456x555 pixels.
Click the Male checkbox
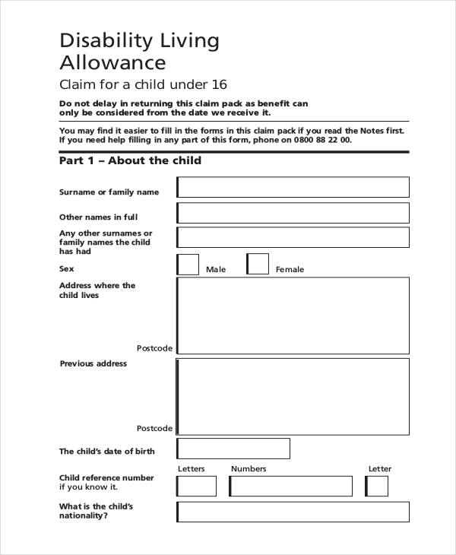[x=188, y=265]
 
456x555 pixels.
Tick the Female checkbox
[x=258, y=265]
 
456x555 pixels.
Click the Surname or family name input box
[x=293, y=187]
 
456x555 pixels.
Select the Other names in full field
[x=293, y=213]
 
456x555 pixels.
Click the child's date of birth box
[x=233, y=449]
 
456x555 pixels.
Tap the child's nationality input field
[x=293, y=512]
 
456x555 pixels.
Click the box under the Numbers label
[x=290, y=486]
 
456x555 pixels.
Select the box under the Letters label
[x=197, y=486]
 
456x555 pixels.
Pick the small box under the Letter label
[x=378, y=486]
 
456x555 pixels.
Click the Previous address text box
[x=293, y=395]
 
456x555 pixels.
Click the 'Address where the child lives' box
[x=293, y=316]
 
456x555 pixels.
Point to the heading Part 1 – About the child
[x=130, y=161]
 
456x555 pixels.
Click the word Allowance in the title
[x=112, y=62]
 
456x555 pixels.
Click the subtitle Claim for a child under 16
[x=143, y=84]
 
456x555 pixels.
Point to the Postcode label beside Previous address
[x=154, y=428]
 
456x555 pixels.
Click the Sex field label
[x=66, y=268]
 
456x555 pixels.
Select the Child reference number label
[x=106, y=482]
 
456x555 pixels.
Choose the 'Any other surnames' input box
[x=293, y=237]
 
